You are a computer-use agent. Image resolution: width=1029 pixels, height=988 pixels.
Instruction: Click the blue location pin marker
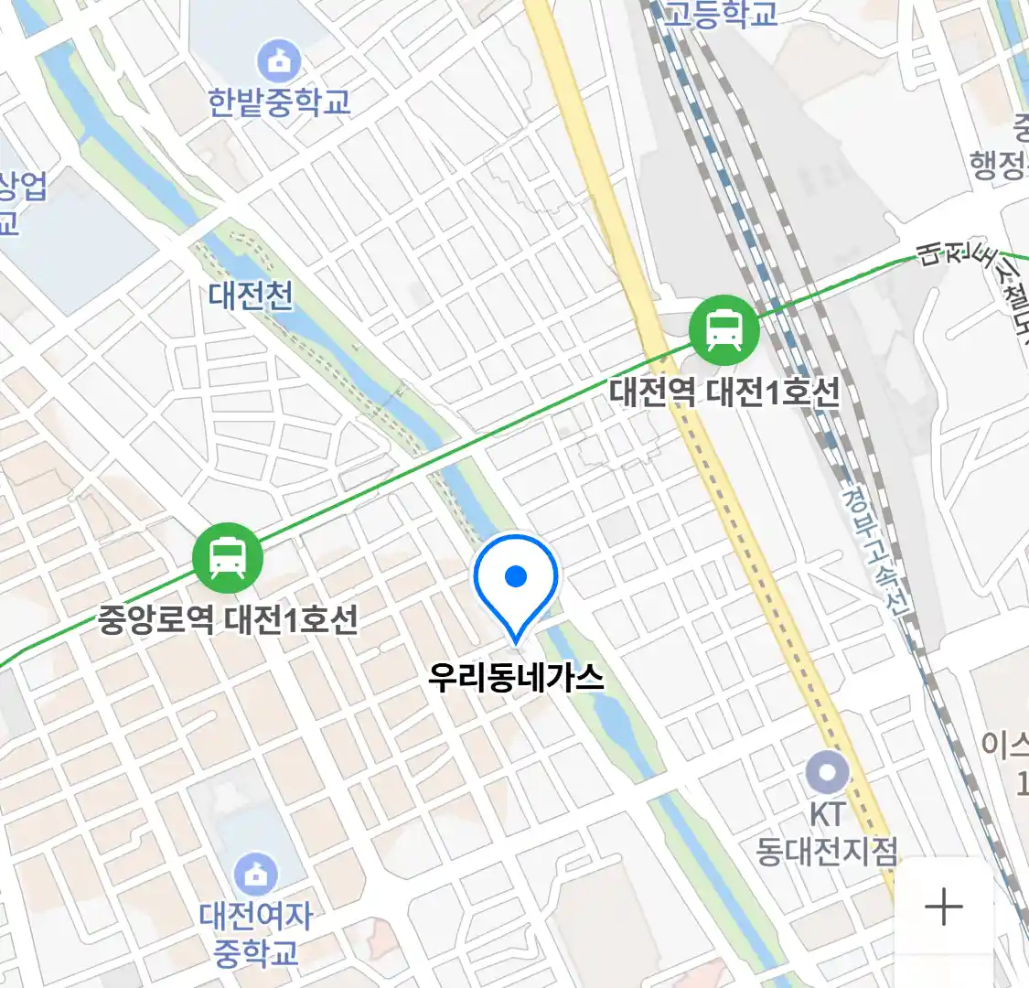tap(516, 585)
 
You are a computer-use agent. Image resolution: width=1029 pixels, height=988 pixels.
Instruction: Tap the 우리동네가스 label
tap(516, 677)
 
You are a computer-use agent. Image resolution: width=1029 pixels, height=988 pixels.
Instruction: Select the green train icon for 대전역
tap(724, 330)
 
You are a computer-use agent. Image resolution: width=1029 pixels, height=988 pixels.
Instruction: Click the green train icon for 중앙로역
tap(228, 558)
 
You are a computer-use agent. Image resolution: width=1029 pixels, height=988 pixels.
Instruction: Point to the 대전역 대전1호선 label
tap(724, 392)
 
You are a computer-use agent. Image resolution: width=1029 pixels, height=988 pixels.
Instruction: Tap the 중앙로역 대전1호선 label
tap(228, 620)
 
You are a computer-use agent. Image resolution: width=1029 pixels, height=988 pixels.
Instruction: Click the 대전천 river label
tap(251, 295)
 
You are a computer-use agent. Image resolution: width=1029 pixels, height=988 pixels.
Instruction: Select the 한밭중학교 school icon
tap(279, 61)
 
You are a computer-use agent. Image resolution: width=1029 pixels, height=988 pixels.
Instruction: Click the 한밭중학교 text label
tap(279, 102)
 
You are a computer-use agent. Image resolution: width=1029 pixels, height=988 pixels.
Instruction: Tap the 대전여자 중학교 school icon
tap(256, 875)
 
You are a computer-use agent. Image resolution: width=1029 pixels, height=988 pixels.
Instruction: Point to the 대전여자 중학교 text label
tap(256, 933)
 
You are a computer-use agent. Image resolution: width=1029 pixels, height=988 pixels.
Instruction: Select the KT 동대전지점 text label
tap(827, 833)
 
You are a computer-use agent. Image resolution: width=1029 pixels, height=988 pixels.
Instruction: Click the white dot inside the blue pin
tap(516, 576)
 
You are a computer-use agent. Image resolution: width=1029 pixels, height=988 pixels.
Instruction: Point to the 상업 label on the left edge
tap(22, 188)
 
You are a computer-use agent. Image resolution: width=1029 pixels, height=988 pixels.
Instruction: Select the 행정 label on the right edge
tap(999, 165)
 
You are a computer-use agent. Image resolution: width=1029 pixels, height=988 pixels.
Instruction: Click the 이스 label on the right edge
tap(1005, 744)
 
